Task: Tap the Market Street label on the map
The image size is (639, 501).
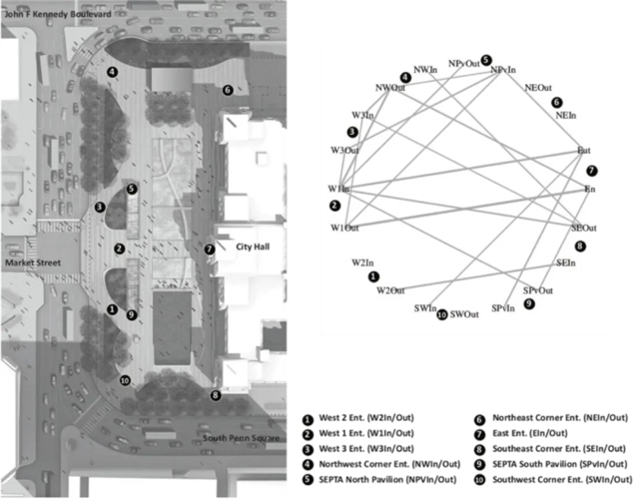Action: (x=29, y=261)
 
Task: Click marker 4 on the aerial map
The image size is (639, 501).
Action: (x=113, y=72)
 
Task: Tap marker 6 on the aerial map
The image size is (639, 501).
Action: (x=228, y=90)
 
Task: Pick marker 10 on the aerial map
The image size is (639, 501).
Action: (x=124, y=379)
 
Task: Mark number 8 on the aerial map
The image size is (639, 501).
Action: (x=216, y=395)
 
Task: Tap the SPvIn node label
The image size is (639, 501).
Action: (x=503, y=308)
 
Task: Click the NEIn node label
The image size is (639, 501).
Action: (x=565, y=117)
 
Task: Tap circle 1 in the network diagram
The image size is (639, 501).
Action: (x=372, y=276)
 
